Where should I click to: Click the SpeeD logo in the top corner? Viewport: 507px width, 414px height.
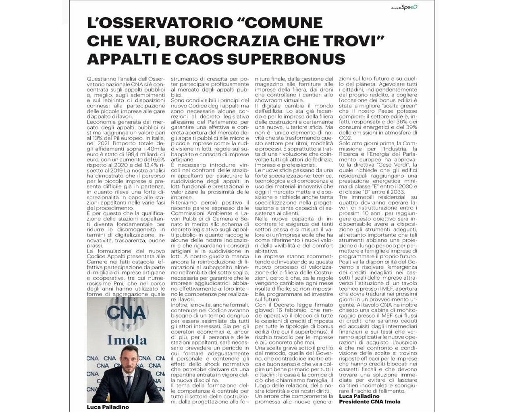coord(409,7)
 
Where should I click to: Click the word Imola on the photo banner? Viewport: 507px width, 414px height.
coord(127,339)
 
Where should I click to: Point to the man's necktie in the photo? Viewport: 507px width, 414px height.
coord(129,383)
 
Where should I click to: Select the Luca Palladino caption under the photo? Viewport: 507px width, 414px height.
coord(108,407)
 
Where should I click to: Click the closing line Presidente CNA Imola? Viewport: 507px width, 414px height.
coord(370,401)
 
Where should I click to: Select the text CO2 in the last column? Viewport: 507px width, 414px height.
coord(345,137)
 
